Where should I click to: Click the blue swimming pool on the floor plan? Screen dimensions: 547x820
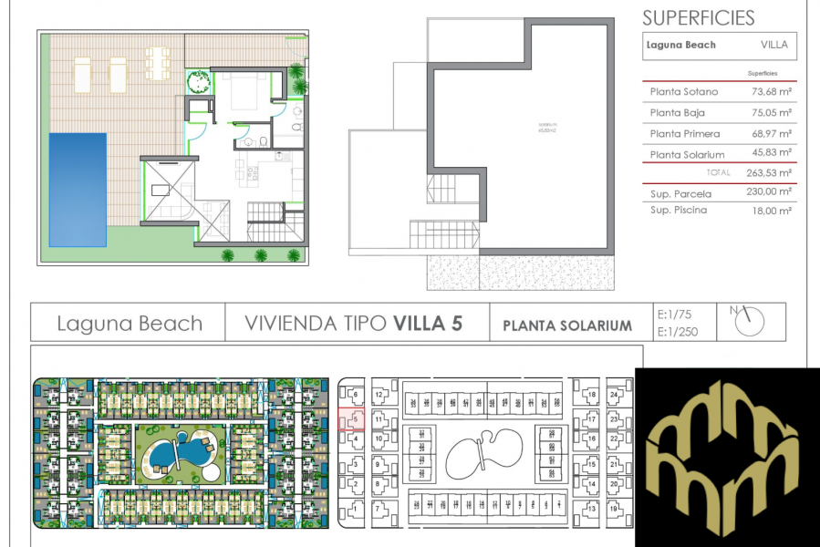77,189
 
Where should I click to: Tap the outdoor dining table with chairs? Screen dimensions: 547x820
157,63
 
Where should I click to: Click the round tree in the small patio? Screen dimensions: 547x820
198,81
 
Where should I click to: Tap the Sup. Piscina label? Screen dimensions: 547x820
679,211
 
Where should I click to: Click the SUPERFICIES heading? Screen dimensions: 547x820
699,17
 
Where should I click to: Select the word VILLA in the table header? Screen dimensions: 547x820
775,45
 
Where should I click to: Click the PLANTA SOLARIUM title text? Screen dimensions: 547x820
567,325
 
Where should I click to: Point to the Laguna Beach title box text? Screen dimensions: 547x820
130,324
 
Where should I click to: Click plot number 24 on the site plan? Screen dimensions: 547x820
615,395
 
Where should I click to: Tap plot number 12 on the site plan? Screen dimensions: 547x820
379,395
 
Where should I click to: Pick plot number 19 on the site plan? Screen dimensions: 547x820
615,508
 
